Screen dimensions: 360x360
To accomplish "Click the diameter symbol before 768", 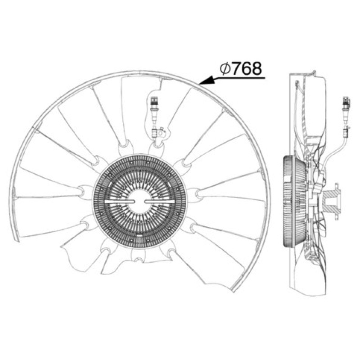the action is pos(225,69).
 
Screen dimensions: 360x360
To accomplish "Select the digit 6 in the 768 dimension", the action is pos(246,68).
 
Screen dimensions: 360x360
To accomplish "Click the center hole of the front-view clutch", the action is pos(139,201).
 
